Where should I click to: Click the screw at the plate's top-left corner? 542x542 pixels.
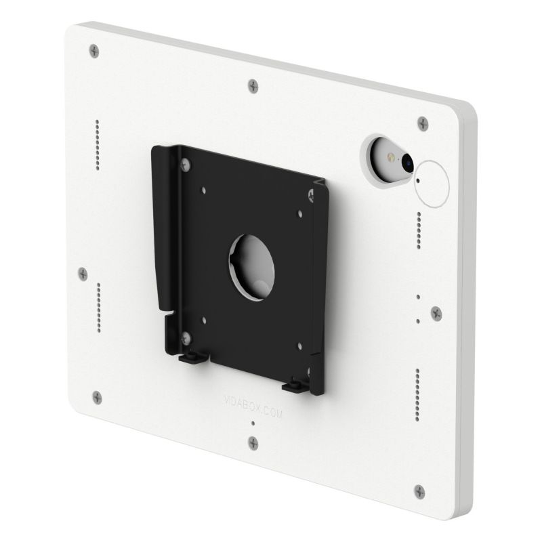[93, 50]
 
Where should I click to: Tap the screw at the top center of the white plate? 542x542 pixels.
[253, 85]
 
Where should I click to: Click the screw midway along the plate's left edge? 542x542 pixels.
[83, 272]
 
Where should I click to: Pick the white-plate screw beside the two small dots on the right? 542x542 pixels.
[436, 313]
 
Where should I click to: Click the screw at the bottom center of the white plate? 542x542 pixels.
[253, 442]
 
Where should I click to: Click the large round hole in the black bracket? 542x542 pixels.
[252, 265]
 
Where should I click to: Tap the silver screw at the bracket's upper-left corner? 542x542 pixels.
[185, 163]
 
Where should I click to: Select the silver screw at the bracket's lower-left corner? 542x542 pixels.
[187, 335]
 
